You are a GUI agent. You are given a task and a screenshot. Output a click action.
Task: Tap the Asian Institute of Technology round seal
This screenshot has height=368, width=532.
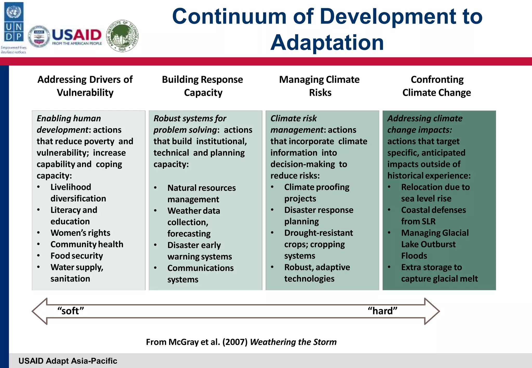tap(122, 36)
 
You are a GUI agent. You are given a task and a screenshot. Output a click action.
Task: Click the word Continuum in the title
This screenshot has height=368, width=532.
tap(229, 17)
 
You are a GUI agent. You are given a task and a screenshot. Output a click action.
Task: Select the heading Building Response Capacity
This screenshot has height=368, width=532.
tap(202, 86)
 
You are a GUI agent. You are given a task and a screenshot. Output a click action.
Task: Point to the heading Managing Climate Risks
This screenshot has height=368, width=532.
tap(319, 86)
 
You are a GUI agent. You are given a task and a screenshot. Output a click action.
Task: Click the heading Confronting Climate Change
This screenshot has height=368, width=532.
tap(437, 86)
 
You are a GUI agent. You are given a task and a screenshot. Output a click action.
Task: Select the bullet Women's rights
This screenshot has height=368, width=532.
tap(80, 233)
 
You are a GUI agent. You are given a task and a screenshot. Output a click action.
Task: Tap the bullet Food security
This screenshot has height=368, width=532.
tap(77, 256)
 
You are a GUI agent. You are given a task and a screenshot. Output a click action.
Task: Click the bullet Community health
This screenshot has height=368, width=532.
tap(87, 244)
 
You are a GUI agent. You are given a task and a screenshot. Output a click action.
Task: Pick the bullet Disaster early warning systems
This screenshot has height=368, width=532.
tap(199, 251)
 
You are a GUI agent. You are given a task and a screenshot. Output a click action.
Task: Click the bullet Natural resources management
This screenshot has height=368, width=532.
tap(201, 193)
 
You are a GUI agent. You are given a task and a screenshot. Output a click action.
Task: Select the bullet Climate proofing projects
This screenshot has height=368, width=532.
tap(316, 193)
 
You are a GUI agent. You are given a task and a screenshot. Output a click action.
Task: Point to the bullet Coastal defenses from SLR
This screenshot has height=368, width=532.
tap(433, 215)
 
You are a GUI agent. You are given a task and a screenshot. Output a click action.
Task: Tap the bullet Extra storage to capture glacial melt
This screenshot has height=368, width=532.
tap(439, 273)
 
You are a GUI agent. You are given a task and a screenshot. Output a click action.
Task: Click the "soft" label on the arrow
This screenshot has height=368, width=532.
tap(71, 311)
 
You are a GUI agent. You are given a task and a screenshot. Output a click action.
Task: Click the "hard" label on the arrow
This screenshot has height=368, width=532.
tap(382, 311)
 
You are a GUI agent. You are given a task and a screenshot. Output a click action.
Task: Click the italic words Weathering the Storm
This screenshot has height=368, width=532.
tap(293, 342)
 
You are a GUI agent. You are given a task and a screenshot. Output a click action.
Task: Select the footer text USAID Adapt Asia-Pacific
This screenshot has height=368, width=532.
tap(68, 361)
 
